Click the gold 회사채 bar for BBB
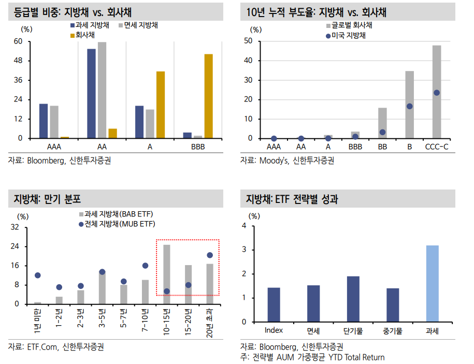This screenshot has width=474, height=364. pos(208,96)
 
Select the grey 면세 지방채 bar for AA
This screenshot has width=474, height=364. pos(102,90)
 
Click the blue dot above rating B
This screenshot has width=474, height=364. pos(409,106)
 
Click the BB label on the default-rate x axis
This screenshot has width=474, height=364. pos(382,147)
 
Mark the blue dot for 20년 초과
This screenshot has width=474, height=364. pos(210,255)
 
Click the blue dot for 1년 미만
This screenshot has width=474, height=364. pos(37,275)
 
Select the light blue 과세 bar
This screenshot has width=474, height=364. pos(432,284)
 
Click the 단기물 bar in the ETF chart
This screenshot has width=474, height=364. pos(353,299)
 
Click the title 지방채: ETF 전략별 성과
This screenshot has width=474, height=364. pos(292,199)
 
